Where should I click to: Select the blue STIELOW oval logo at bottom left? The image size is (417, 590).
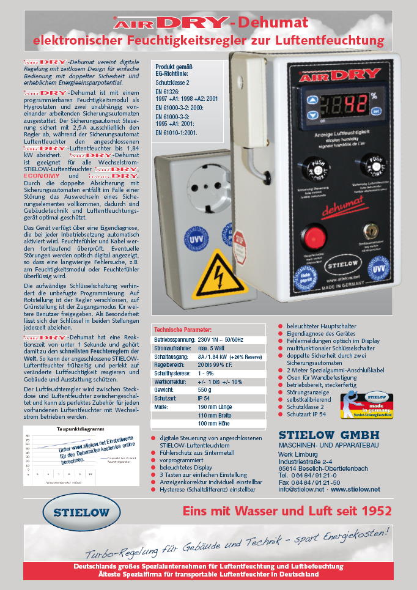point(78,512)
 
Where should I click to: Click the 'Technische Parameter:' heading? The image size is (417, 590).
point(183,330)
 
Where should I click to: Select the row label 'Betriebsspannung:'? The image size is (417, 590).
point(175,338)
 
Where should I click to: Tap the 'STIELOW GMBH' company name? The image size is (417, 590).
point(329,435)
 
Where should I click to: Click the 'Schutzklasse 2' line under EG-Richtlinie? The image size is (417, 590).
point(172,81)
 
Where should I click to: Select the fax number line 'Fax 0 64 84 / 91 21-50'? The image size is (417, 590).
point(309,481)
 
